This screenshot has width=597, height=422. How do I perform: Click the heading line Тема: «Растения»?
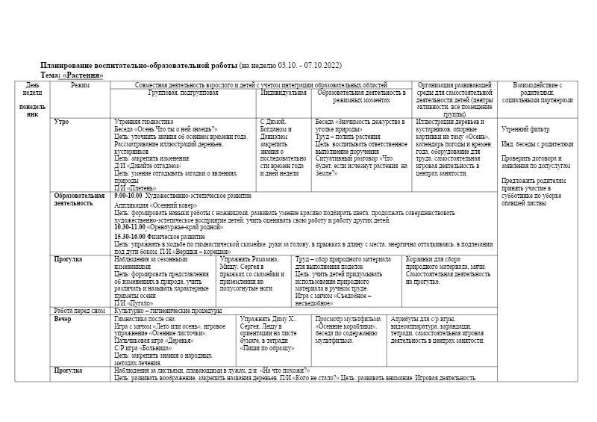click(72, 75)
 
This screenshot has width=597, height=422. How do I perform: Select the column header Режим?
click(80, 85)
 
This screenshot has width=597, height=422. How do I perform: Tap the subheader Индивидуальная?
click(283, 93)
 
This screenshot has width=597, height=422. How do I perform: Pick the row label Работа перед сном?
click(79, 311)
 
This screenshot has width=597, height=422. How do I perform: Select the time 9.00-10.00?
click(128, 196)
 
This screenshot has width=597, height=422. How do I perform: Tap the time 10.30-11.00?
click(129, 226)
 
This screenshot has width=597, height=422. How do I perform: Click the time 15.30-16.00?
click(129, 237)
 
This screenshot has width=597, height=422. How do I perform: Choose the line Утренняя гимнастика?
click(143, 121)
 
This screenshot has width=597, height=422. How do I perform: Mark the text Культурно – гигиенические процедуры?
click(168, 311)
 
